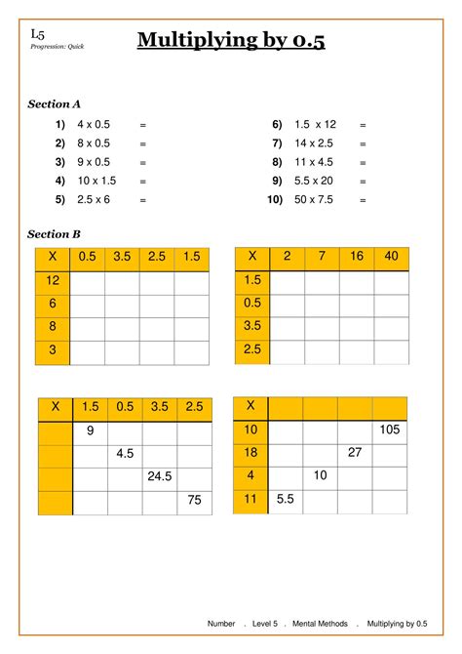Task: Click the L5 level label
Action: [37, 33]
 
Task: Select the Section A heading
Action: [55, 103]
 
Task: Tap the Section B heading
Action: [55, 234]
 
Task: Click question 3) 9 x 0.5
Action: [94, 162]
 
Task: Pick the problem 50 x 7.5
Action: [315, 199]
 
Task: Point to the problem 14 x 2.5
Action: [314, 143]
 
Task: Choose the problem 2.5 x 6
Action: [94, 199]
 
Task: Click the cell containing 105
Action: [391, 430]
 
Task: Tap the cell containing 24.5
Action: [160, 477]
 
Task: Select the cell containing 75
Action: [195, 502]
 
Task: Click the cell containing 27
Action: [356, 453]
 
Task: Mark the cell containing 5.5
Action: [286, 500]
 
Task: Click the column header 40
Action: [392, 257]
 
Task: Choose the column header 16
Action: [357, 257]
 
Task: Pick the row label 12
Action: [54, 281]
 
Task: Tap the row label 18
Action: [250, 453]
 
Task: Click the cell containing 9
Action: [90, 430]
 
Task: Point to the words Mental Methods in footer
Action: [322, 623]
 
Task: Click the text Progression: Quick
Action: [58, 47]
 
